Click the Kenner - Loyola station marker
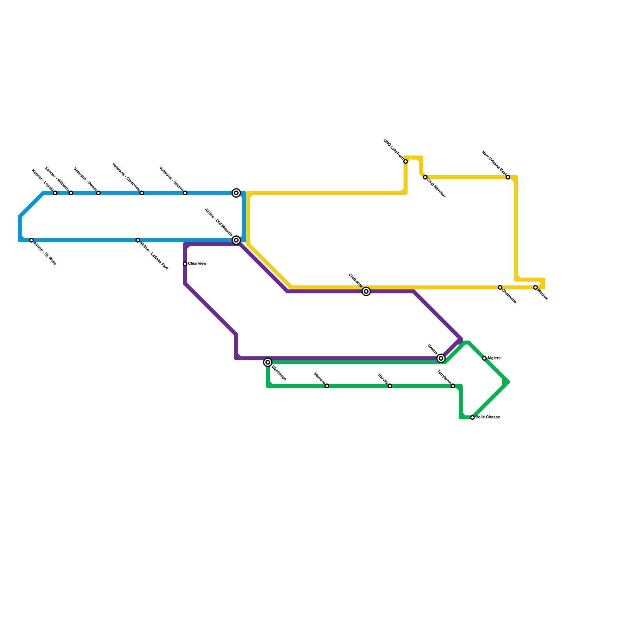pos(55,193)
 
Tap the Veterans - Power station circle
pos(98,193)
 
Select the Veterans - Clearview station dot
pos(142,193)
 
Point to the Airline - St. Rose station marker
pos(31,240)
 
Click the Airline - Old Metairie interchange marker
pos(236,240)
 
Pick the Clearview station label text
pos(197,264)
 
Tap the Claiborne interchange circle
pos(366,291)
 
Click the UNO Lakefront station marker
pos(406,161)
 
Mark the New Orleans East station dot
pos(508,177)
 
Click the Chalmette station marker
pos(500,287)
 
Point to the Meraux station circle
pos(535,287)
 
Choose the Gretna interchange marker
pos(441,358)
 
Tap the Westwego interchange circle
pos(268,362)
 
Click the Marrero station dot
pos(327,386)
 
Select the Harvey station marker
pos(390,386)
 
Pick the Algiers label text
pos(494,358)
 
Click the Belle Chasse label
pos(488,417)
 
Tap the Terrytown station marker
pos(453,386)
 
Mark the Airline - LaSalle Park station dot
pos(138,240)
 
